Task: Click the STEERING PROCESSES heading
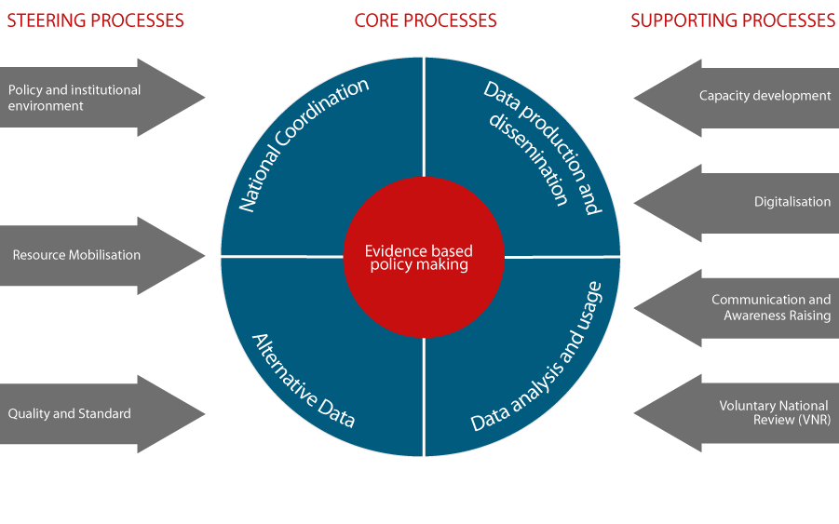(x=95, y=20)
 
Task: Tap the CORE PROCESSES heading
(x=426, y=20)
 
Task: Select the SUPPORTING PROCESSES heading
(x=733, y=20)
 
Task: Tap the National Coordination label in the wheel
(x=304, y=144)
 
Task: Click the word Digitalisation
(x=792, y=202)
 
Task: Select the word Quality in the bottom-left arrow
(x=28, y=413)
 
